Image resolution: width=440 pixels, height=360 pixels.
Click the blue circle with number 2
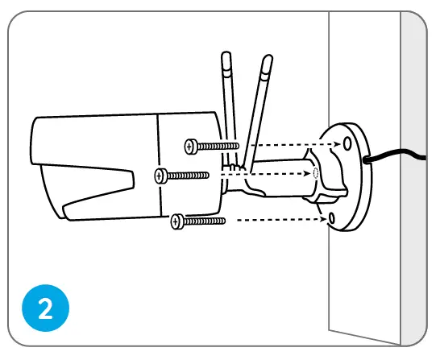point(45,308)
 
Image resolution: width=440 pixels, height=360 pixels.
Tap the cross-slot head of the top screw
point(190,147)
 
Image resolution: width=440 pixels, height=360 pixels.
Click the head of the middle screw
point(160,176)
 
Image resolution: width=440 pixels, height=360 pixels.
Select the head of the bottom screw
point(176,221)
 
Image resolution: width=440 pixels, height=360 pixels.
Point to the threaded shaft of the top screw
point(218,146)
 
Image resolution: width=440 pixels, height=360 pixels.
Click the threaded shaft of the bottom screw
point(205,221)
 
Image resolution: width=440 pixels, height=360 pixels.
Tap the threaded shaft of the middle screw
point(188,176)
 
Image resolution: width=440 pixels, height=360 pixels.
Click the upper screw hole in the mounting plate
point(347,143)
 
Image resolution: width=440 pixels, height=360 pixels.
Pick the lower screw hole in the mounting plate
point(332,217)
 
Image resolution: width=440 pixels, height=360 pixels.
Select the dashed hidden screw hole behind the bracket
point(315,173)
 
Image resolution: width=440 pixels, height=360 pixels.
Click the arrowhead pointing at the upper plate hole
point(338,144)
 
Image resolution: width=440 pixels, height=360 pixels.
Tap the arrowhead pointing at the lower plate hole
point(324,219)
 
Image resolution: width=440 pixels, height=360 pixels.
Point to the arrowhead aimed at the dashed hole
point(308,173)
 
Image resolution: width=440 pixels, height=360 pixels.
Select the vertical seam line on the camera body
point(159,165)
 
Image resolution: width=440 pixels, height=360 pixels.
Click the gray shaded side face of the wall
point(413,180)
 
